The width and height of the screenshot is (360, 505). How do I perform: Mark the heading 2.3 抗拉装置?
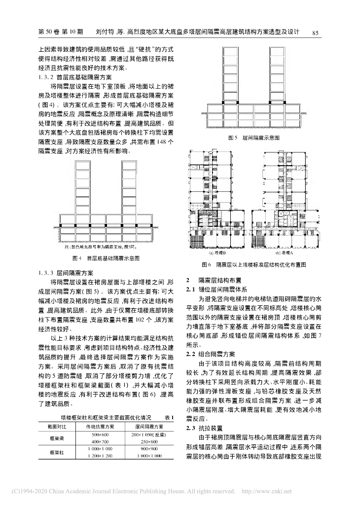pos(203,428)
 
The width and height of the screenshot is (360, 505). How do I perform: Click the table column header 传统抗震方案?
pos(100,426)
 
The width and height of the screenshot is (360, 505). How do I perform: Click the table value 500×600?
pos(100,434)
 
